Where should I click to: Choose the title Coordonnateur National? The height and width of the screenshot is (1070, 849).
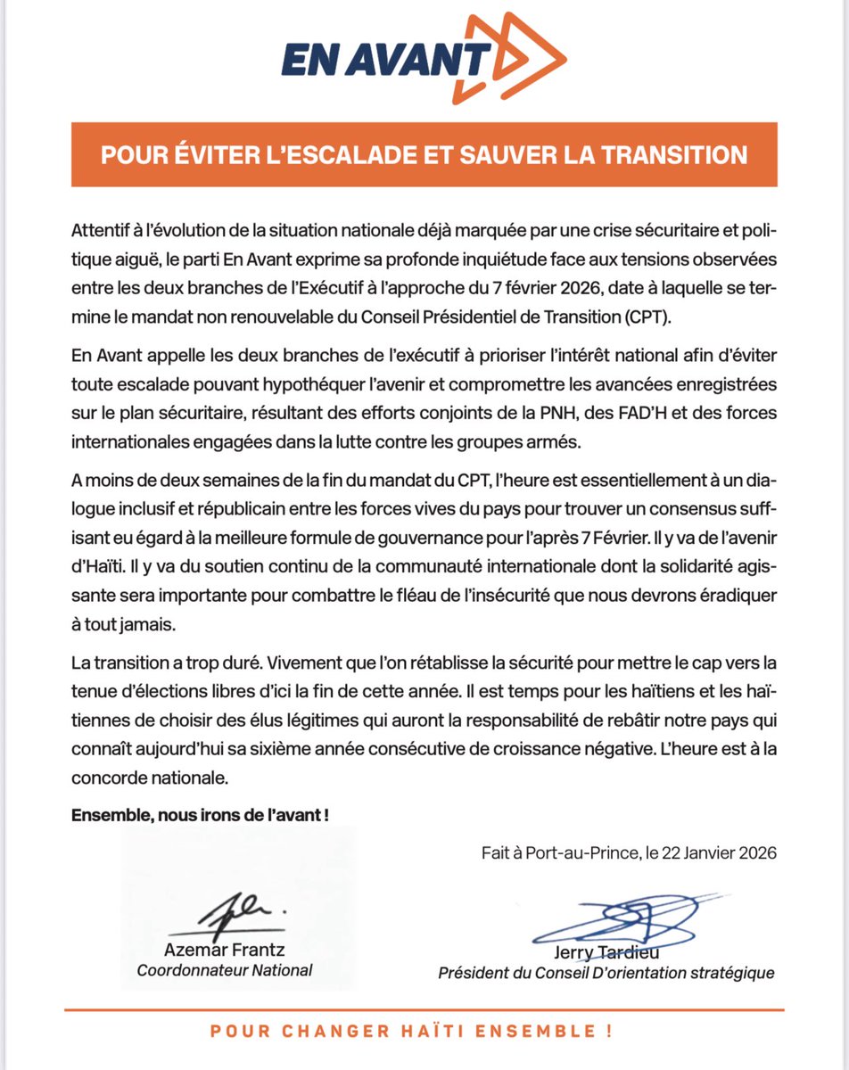pyautogui.click(x=225, y=970)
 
